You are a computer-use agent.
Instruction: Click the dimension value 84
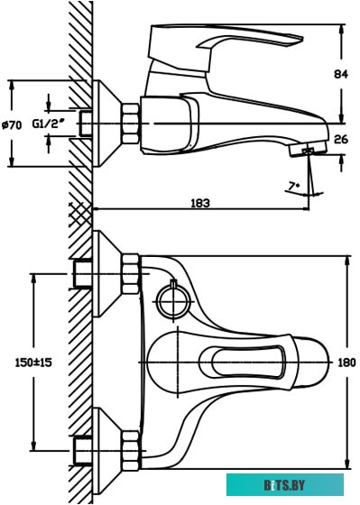(340, 74)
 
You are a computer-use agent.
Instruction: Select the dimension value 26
(340, 139)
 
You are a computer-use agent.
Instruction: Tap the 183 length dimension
(199, 204)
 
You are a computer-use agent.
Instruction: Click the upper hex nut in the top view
(130, 273)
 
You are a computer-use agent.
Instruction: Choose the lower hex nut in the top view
(130, 447)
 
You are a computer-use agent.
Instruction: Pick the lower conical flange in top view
(107, 447)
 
